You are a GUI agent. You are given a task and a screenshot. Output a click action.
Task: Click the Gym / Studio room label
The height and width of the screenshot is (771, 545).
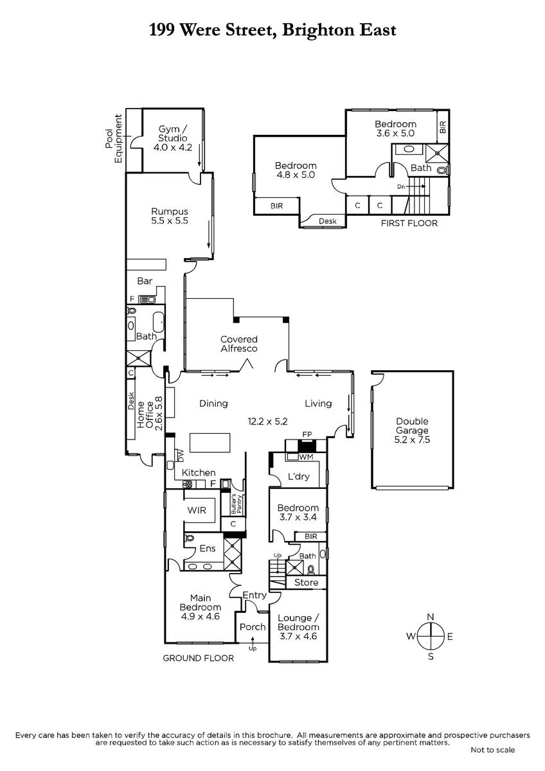click(172, 138)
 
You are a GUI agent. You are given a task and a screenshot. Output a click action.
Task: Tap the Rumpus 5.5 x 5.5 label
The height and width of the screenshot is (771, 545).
click(170, 216)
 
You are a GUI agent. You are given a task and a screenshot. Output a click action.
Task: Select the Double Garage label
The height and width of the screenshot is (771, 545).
click(412, 430)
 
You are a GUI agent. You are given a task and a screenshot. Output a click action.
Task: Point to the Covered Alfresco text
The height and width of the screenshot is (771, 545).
click(239, 344)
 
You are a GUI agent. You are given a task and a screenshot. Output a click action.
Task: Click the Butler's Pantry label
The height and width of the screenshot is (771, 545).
click(237, 504)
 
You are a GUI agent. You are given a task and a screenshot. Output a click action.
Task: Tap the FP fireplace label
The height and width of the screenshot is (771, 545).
click(307, 434)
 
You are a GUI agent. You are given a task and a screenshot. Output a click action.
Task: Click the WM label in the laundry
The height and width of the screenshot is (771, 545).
click(306, 457)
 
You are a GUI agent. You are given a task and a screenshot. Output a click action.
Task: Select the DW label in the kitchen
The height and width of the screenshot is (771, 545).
click(181, 456)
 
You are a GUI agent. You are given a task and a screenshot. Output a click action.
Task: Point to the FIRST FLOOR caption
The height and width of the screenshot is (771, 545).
click(409, 224)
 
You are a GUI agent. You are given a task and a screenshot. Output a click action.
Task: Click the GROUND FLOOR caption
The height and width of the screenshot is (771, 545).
click(198, 658)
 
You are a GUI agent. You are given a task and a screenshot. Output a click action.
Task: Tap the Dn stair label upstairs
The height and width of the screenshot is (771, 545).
click(401, 187)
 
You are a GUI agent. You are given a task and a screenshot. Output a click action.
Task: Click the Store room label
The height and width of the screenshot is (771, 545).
click(306, 582)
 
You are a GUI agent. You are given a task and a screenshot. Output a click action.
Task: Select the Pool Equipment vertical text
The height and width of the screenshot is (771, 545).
click(114, 139)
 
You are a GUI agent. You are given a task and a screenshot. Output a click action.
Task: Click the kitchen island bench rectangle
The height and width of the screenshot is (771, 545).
click(210, 443)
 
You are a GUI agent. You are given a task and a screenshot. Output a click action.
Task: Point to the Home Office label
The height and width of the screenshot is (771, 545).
click(149, 414)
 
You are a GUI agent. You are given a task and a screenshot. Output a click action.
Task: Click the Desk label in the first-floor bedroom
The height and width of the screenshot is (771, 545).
click(327, 221)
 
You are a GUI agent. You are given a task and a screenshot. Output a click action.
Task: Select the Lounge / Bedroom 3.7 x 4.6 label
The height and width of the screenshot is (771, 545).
click(298, 627)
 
